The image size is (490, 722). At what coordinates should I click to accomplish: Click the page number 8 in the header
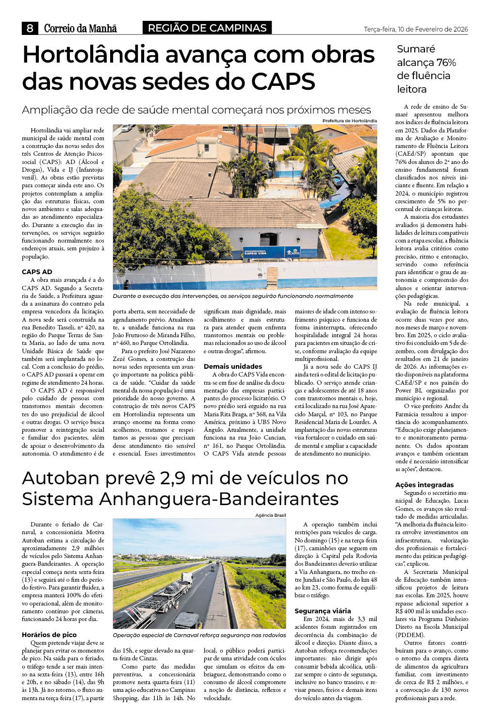[30, 28]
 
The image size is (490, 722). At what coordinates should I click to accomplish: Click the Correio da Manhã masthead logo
[80, 29]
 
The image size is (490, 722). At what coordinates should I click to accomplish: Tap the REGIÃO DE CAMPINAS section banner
[207, 28]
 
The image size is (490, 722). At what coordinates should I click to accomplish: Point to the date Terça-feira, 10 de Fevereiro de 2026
[416, 30]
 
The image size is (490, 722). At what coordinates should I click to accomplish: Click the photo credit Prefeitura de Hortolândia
[349, 121]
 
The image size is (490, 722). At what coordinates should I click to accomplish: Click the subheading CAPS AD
[37, 272]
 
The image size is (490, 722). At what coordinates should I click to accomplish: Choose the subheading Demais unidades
[233, 366]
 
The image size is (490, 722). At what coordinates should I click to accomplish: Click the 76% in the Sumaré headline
[446, 63]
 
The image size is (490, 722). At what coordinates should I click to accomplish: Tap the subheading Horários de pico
[49, 635]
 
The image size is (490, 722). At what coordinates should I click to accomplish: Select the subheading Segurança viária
[323, 611]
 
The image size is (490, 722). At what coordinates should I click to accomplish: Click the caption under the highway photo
[199, 635]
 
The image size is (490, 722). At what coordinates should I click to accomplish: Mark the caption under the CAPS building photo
[233, 296]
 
